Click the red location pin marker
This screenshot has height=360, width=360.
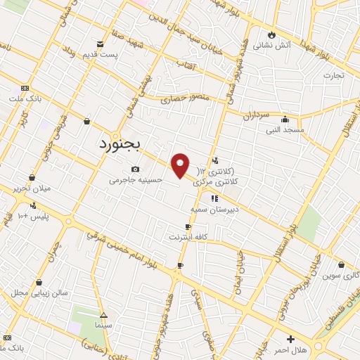181,165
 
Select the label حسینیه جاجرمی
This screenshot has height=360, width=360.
136,180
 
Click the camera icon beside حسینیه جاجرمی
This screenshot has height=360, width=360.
136,169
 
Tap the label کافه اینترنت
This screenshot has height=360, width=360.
187,237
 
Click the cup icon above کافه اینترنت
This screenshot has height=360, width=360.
187,226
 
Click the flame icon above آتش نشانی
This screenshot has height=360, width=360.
271,34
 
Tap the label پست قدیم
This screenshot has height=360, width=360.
98,54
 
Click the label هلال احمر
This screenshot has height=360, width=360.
291,349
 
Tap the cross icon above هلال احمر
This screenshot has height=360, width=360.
291,339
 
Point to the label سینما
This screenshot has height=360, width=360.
104,327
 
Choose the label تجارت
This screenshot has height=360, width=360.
334,75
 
